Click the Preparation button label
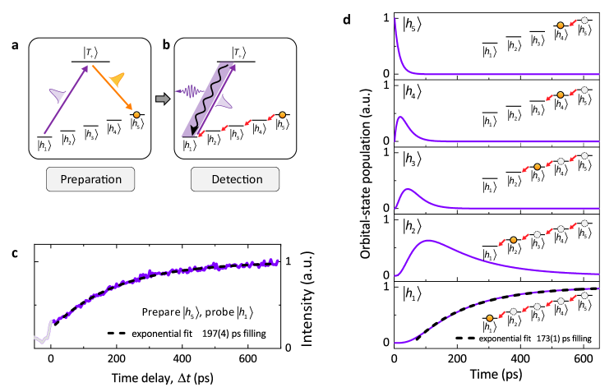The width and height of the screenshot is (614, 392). (x=90, y=178)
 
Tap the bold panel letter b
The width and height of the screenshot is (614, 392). (x=167, y=45)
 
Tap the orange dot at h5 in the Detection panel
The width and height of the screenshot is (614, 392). (x=283, y=115)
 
